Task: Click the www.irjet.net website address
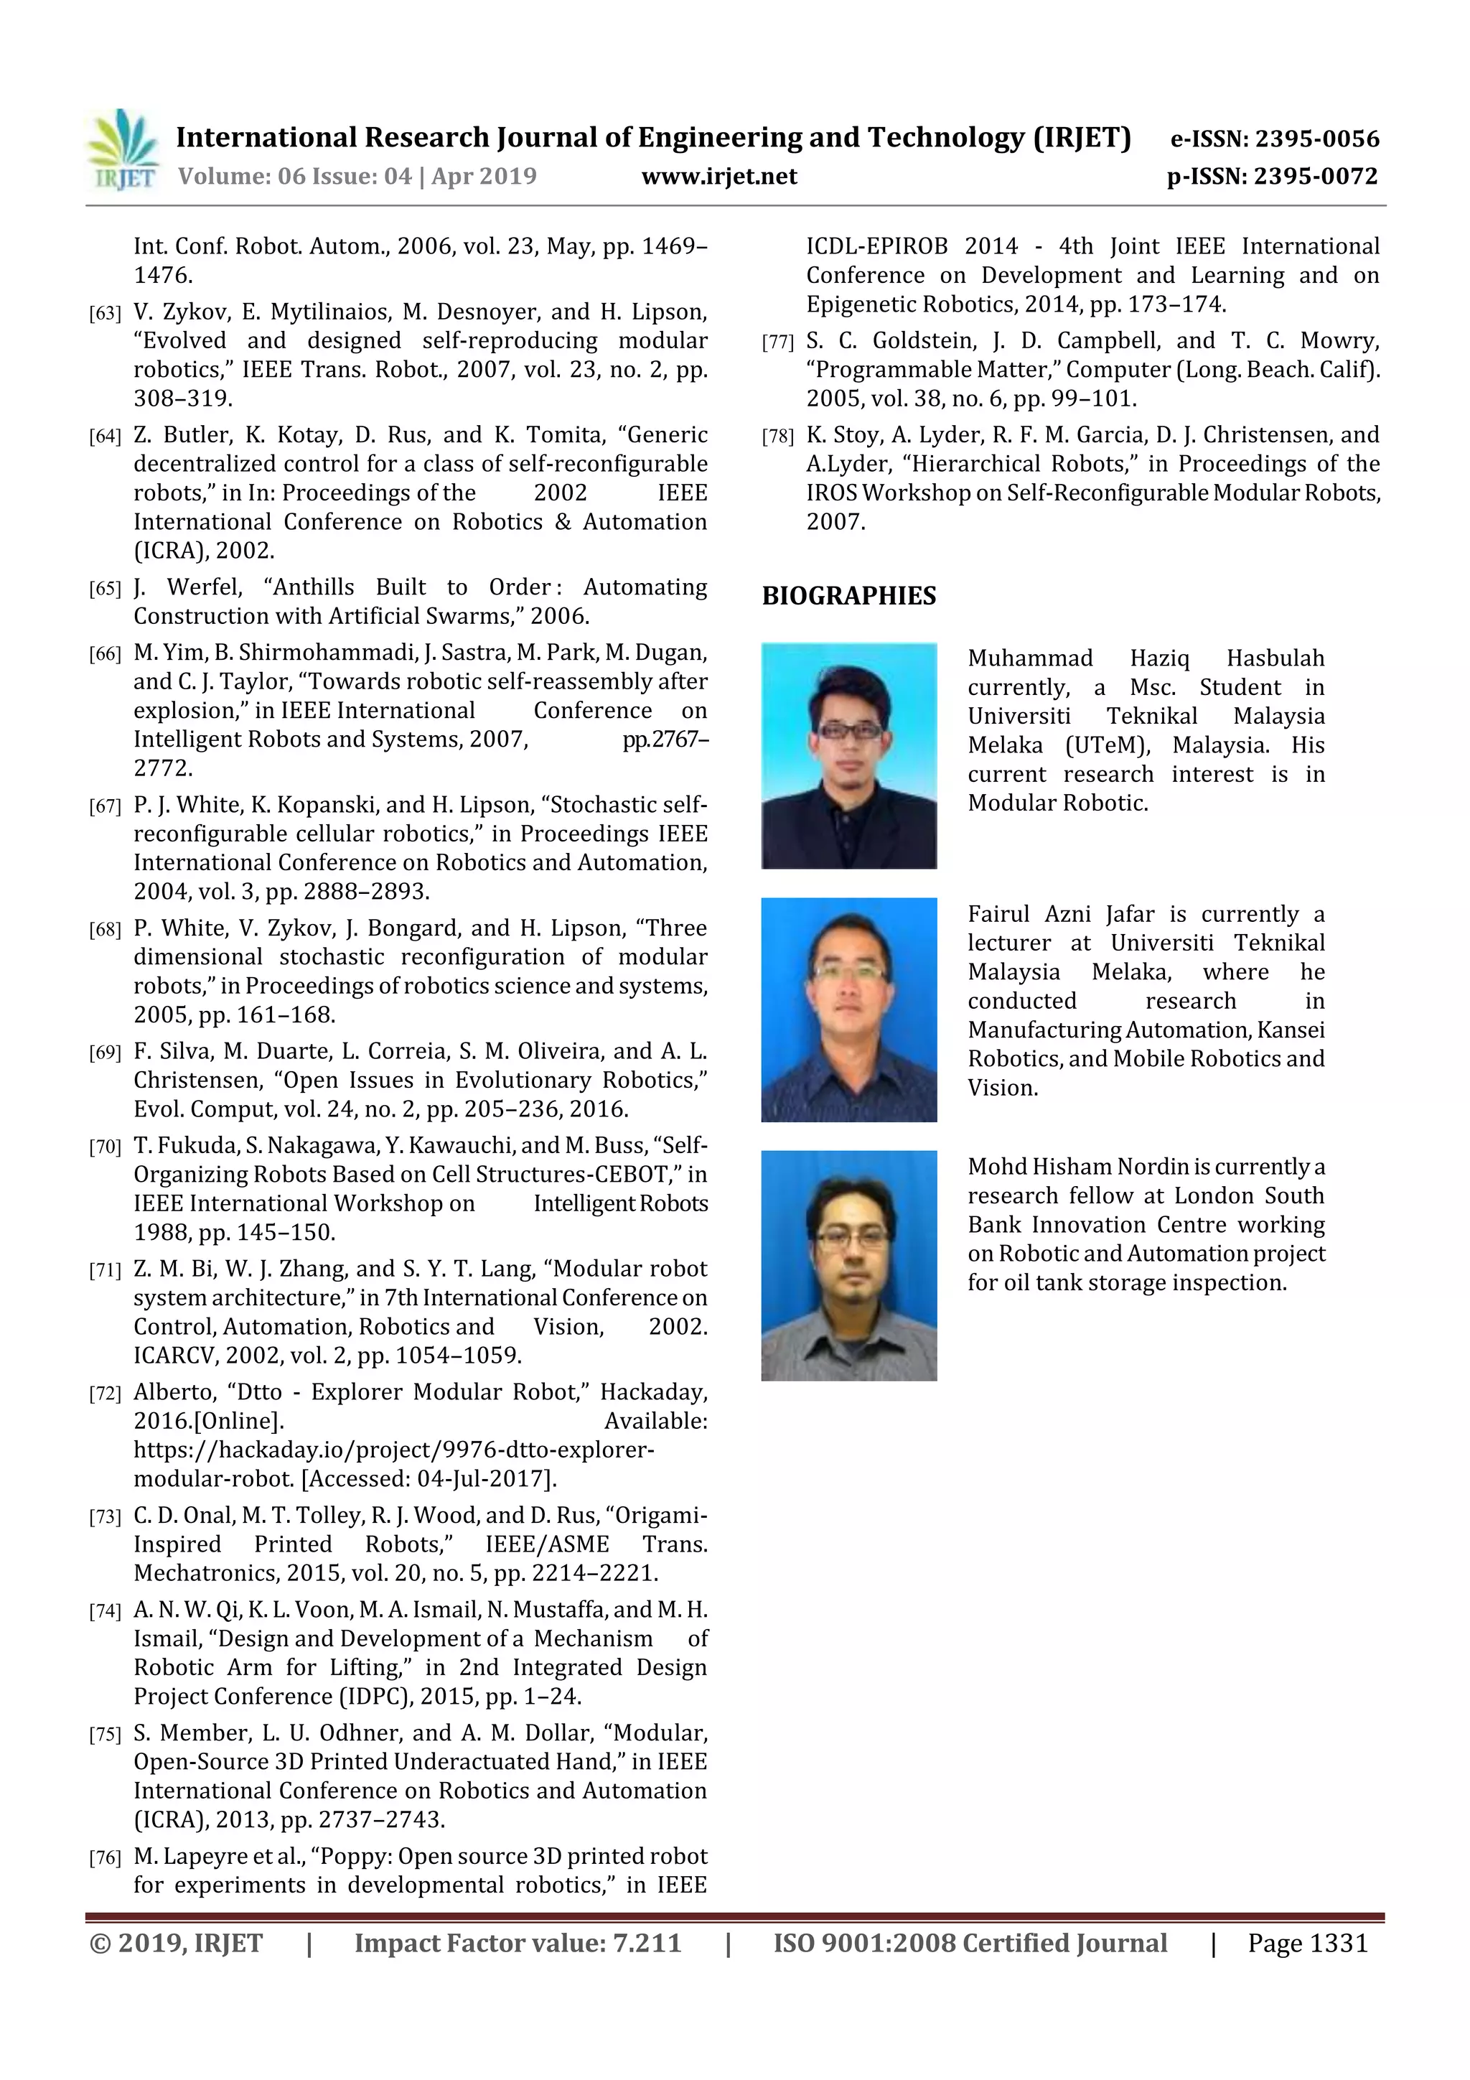pyautogui.click(x=719, y=176)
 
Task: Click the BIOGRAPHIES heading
pyautogui.click(x=848, y=596)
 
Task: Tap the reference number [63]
pyautogui.click(x=105, y=314)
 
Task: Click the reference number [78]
pyautogui.click(x=778, y=437)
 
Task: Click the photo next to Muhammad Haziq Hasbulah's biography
pyautogui.click(x=848, y=755)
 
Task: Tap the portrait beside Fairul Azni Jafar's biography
pyautogui.click(x=848, y=1009)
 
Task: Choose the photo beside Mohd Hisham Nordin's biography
pyautogui.click(x=848, y=1264)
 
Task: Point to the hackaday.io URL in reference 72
pyautogui.click(x=393, y=1450)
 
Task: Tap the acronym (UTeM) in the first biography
pyautogui.click(x=1107, y=745)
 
